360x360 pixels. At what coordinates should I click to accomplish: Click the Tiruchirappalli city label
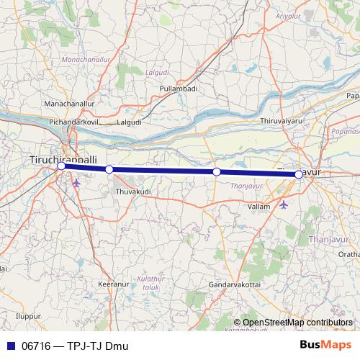click(64, 158)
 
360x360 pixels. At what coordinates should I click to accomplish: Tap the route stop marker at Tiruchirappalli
click(61, 166)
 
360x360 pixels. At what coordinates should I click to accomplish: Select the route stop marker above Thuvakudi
click(109, 169)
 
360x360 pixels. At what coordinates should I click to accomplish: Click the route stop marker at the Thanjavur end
click(299, 174)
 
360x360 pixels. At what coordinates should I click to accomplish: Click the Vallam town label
click(258, 206)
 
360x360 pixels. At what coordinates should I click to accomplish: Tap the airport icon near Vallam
click(282, 204)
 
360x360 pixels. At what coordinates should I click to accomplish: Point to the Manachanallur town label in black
click(68, 104)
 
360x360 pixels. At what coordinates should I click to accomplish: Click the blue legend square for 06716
click(9, 346)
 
